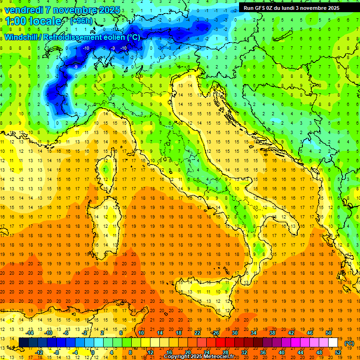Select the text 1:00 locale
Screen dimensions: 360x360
(x=34, y=21)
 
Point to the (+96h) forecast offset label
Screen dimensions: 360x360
(x=81, y=21)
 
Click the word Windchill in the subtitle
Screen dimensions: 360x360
(x=21, y=37)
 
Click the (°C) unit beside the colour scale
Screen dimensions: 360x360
(x=349, y=343)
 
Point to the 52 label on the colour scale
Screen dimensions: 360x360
(x=338, y=352)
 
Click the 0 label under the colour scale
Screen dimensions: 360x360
(x=93, y=352)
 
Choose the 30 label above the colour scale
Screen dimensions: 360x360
(x=235, y=332)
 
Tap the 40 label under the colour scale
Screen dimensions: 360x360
(x=282, y=352)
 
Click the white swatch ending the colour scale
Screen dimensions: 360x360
(x=333, y=343)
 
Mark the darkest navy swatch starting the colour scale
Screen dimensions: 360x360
(x=23, y=343)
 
